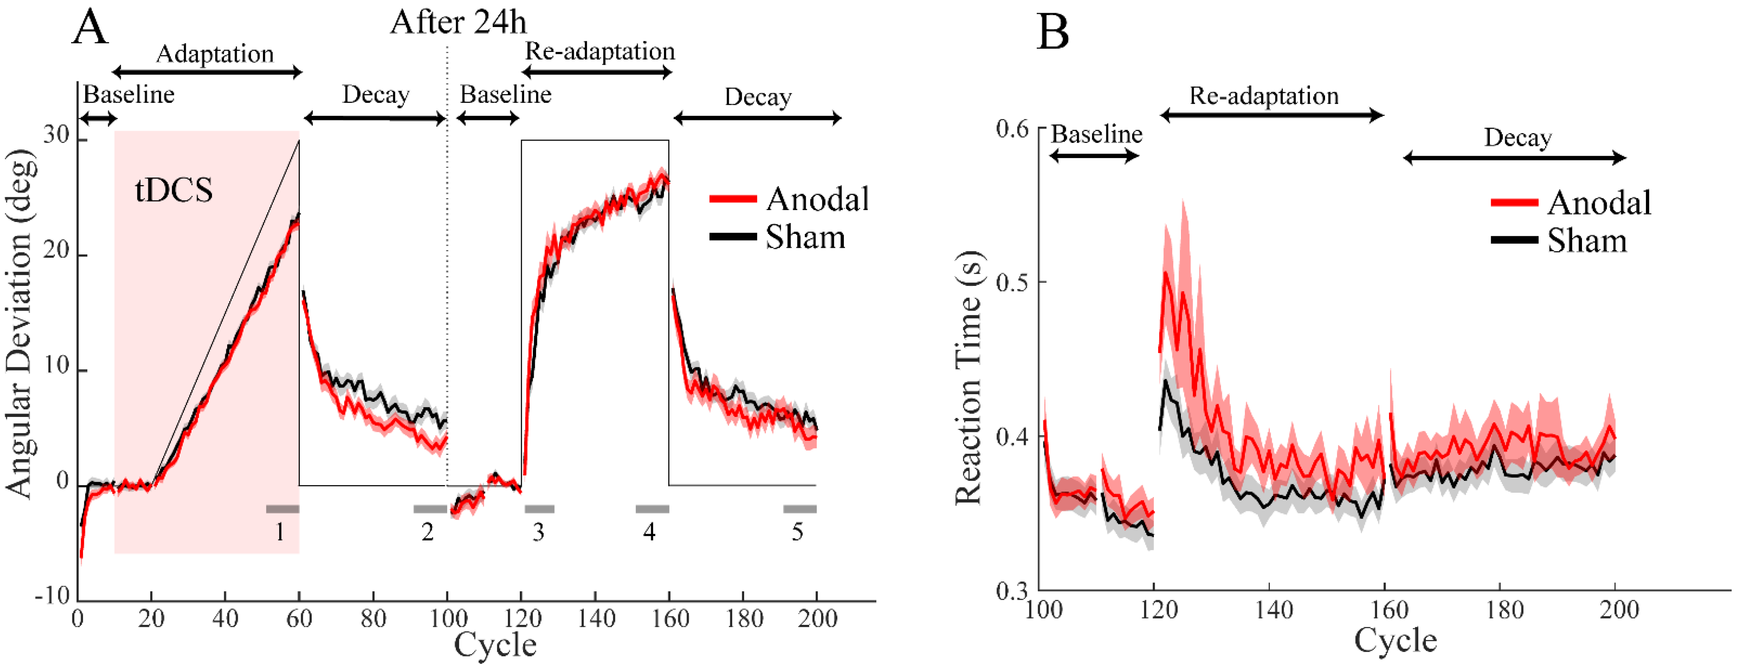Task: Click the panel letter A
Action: coord(90,28)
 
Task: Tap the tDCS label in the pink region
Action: coord(174,190)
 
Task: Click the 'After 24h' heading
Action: coord(458,22)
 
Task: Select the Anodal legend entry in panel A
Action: coord(789,199)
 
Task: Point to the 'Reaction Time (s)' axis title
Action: coord(968,378)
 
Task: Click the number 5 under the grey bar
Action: coord(797,533)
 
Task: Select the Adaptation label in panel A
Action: coord(215,54)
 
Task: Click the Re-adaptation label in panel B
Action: coord(1264,96)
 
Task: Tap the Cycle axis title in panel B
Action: coord(1395,639)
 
